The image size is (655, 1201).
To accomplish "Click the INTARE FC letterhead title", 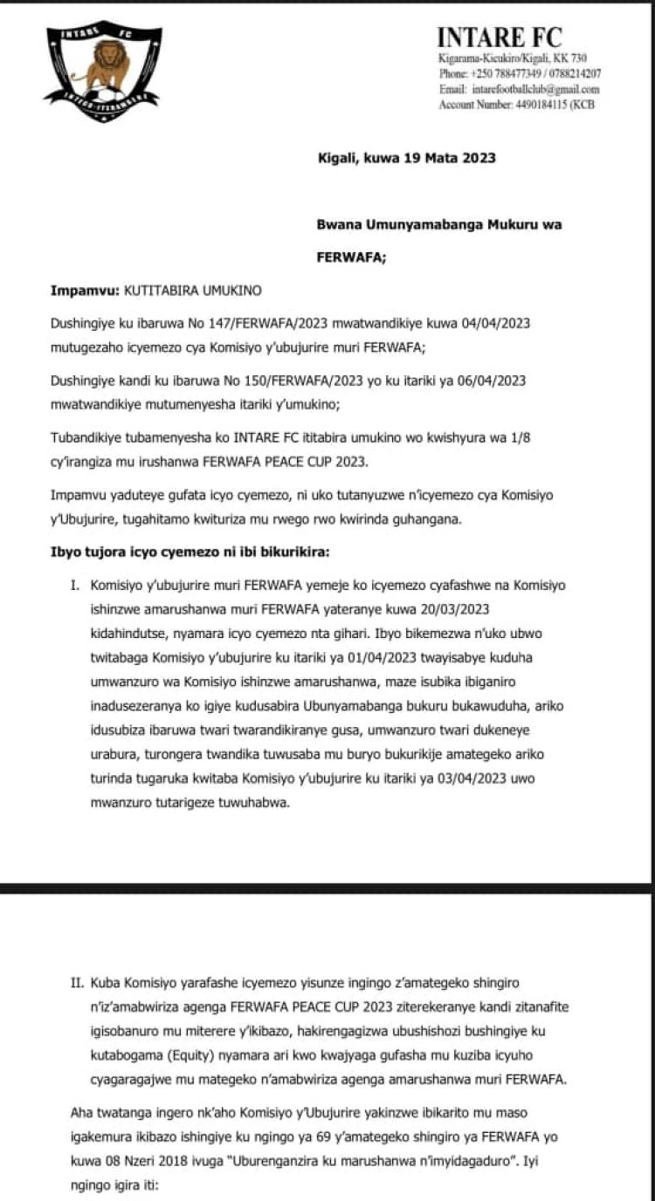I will [x=500, y=38].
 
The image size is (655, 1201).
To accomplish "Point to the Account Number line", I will [x=520, y=105].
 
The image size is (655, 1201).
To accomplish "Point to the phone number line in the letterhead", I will [x=520, y=74].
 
